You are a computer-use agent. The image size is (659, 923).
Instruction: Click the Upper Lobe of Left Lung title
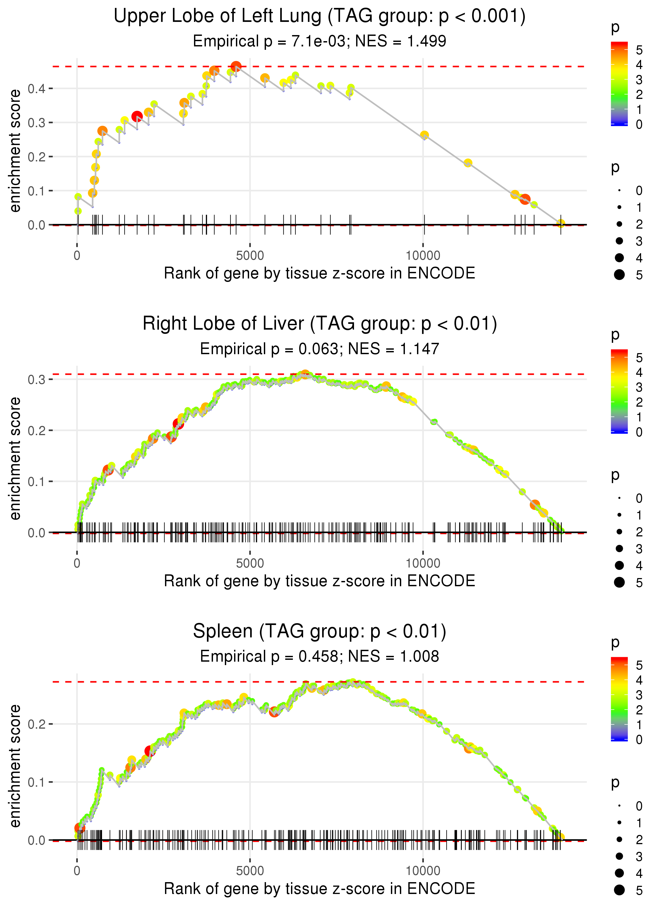pos(319,16)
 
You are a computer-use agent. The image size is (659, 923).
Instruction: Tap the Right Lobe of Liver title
pos(319,324)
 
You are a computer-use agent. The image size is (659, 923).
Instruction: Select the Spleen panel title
pos(319,632)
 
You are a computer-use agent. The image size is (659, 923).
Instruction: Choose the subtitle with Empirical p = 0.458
pos(319,656)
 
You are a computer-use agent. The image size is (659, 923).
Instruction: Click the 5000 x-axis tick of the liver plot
pos(250,563)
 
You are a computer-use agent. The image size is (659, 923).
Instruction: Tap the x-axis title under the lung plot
pos(319,273)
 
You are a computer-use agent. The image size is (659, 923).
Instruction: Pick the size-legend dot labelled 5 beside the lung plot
pos(619,275)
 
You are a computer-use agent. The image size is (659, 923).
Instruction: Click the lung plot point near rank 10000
pos(424,135)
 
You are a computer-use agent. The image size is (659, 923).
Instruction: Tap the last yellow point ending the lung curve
pos(561,223)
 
